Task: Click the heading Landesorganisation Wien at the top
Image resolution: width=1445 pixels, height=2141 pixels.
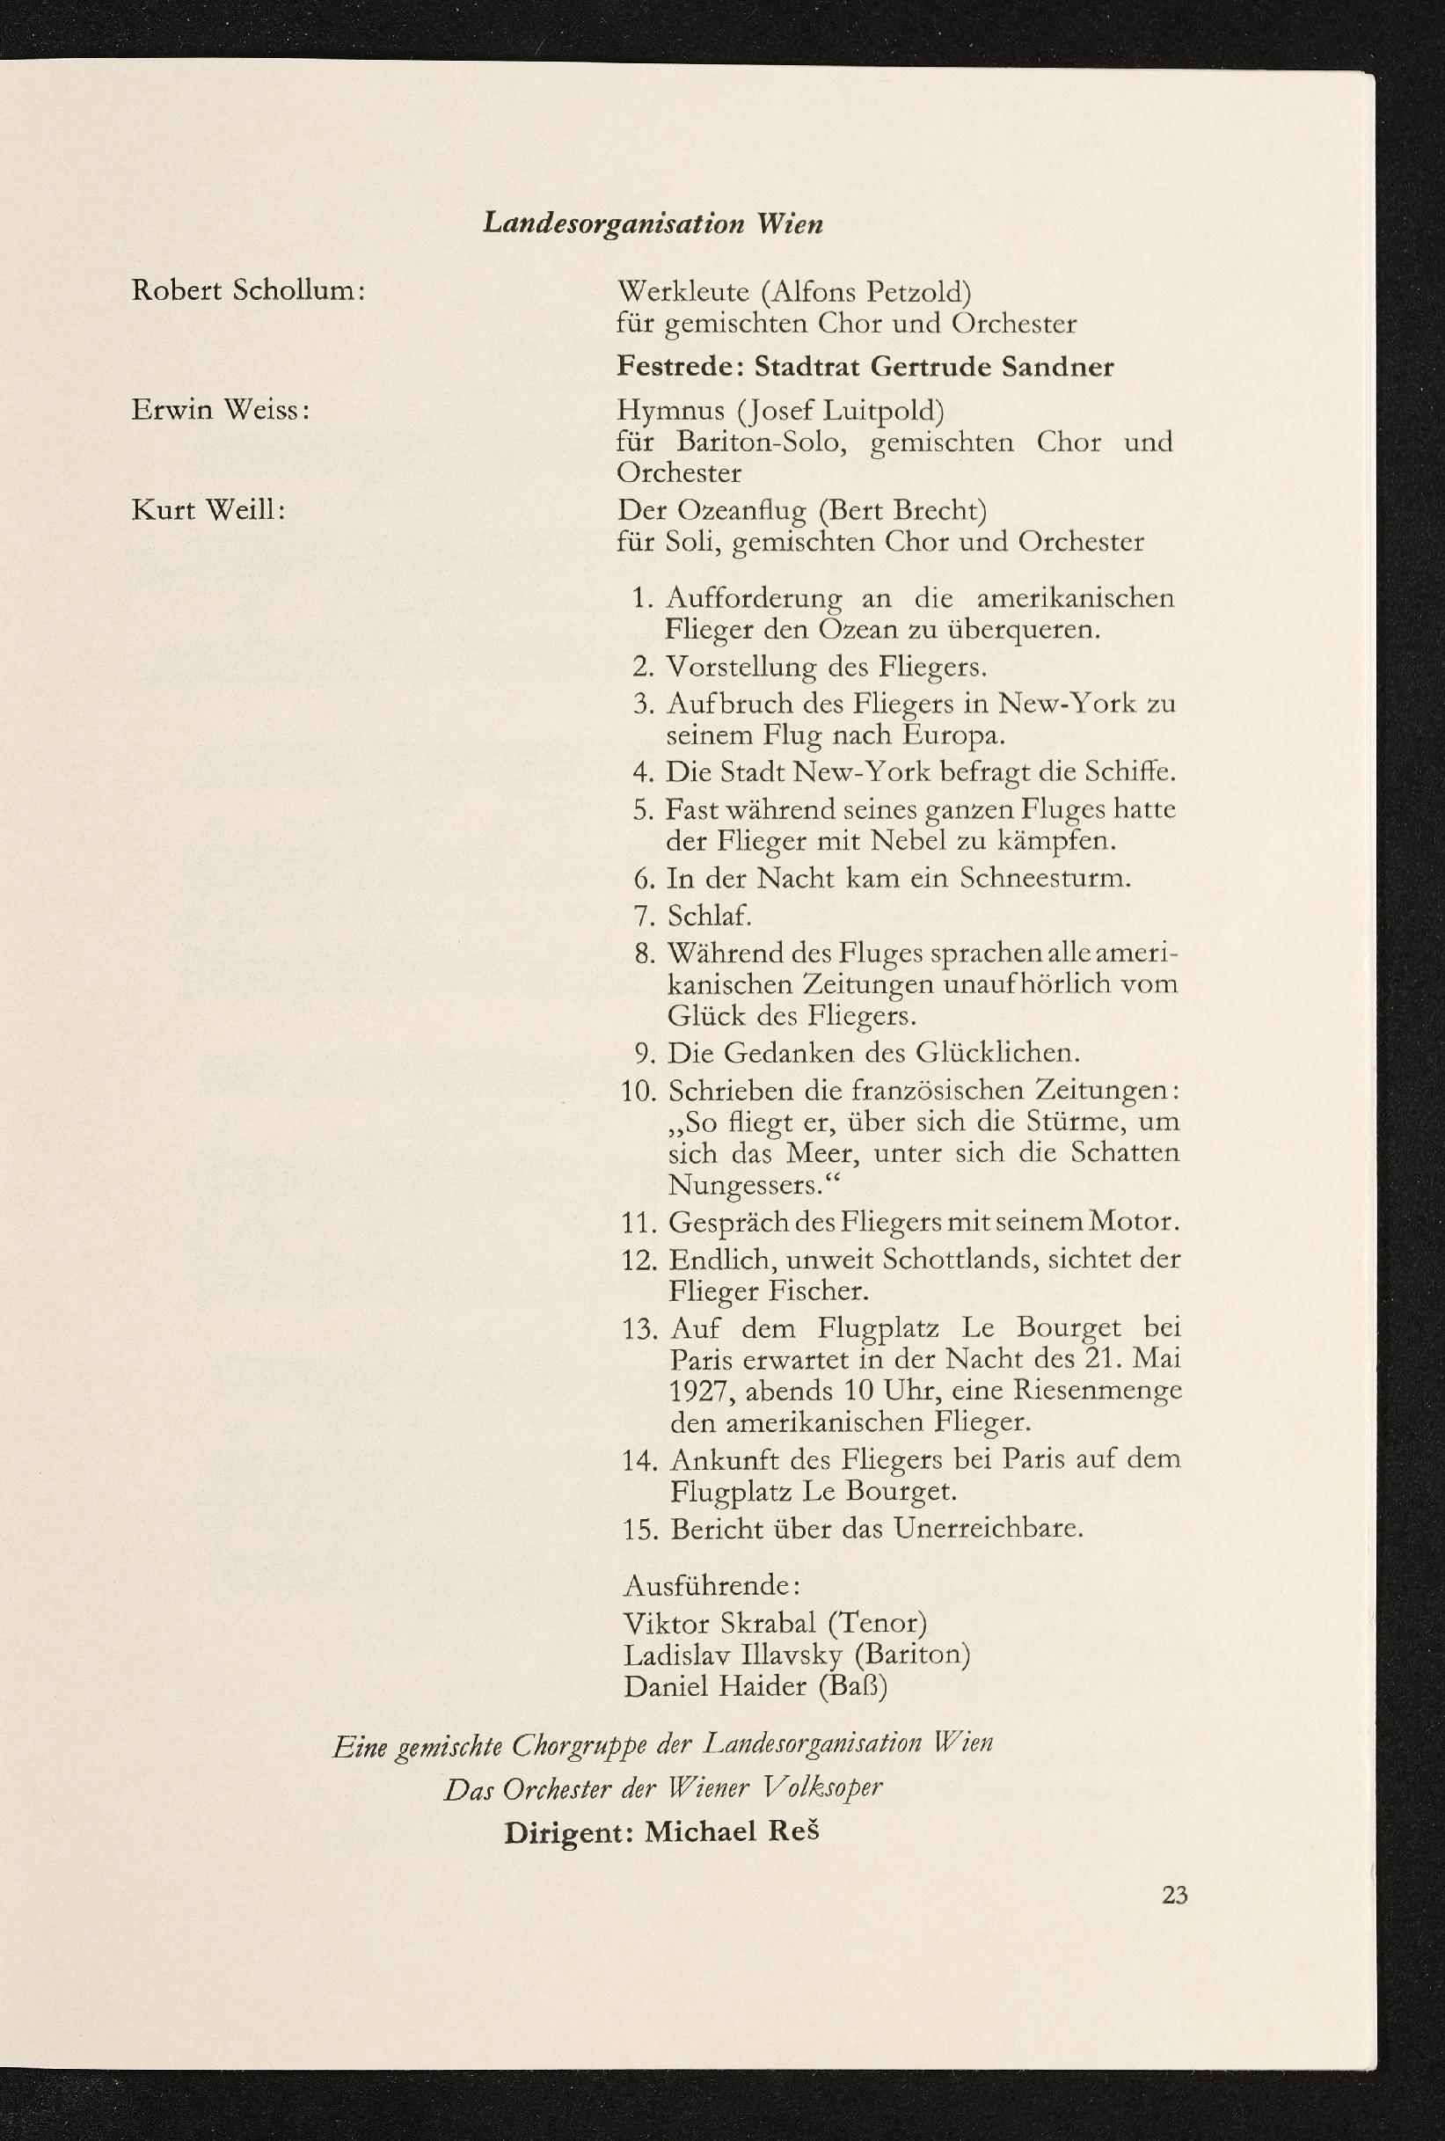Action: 653,224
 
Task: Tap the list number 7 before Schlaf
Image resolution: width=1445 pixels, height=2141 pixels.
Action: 643,916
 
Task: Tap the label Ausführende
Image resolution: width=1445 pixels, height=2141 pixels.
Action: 710,1585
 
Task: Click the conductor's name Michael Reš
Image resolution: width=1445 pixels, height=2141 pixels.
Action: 731,1831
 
